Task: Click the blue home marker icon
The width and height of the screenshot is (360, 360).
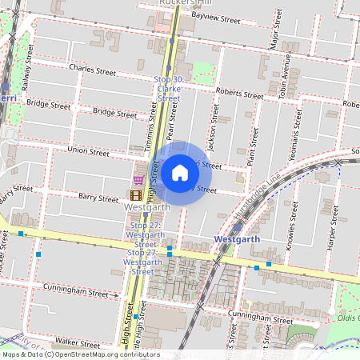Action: point(180,172)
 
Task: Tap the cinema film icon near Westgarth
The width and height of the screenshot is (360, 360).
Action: point(137,194)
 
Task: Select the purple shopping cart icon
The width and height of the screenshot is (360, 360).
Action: point(138,180)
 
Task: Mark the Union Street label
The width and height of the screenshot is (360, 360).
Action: point(88,150)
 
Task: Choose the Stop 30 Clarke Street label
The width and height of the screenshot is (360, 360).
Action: point(168,89)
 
